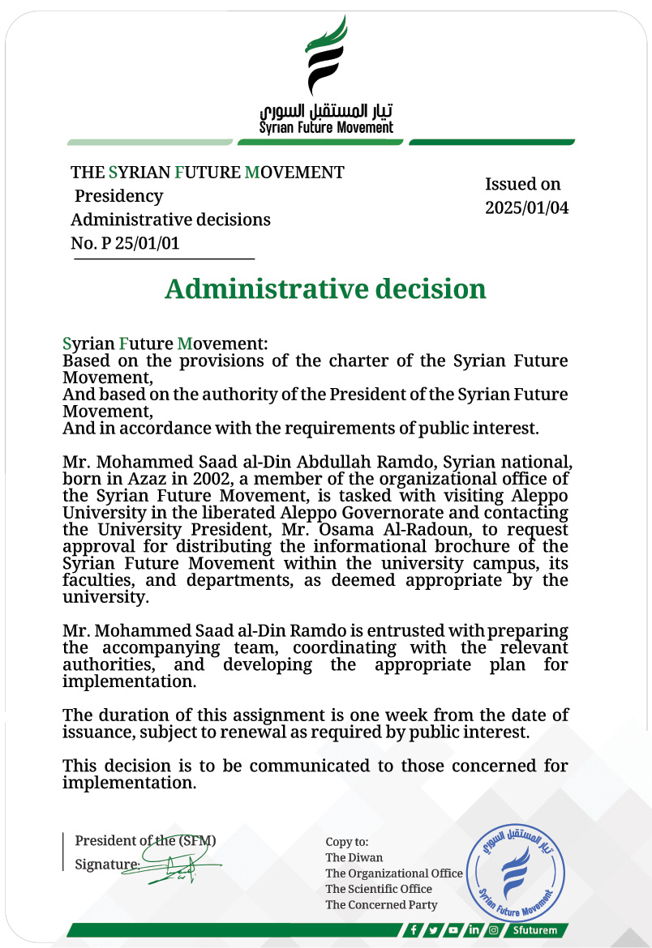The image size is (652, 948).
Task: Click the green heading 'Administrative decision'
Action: (x=325, y=289)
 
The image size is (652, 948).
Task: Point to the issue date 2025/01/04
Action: (x=526, y=207)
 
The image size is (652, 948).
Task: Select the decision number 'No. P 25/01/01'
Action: (x=125, y=243)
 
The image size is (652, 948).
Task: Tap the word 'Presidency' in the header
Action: (x=119, y=196)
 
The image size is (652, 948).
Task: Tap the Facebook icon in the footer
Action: (x=414, y=930)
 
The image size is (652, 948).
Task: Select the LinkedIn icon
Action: (x=474, y=930)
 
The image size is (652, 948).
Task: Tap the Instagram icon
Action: (x=493, y=930)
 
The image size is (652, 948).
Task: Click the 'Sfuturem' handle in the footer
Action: (x=535, y=930)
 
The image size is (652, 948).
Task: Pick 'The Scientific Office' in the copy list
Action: (x=379, y=889)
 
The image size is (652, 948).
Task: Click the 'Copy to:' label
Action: (x=347, y=842)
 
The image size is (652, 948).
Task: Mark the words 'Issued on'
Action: (x=523, y=184)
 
